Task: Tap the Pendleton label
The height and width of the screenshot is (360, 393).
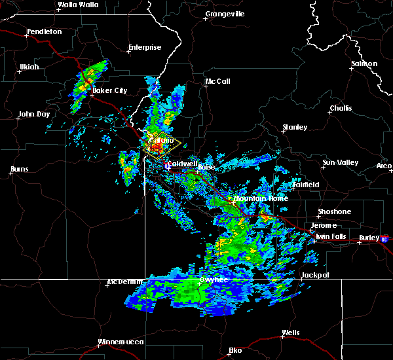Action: tap(44, 31)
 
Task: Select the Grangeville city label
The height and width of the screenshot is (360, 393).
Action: tap(225, 14)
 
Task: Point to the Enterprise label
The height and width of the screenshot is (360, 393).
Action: tap(145, 47)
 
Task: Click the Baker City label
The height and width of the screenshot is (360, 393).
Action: tap(109, 90)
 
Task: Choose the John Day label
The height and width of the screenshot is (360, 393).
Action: tap(33, 114)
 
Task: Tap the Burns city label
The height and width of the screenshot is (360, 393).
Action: tap(20, 170)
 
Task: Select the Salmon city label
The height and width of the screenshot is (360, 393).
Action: tap(364, 63)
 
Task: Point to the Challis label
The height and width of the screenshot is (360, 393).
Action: tap(341, 108)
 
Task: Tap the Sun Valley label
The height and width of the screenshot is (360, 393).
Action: tap(339, 162)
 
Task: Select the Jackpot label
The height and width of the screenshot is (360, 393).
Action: tap(316, 276)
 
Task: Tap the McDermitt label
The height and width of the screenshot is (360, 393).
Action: tap(126, 283)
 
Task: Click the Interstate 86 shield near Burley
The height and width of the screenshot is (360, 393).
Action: tap(384, 239)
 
